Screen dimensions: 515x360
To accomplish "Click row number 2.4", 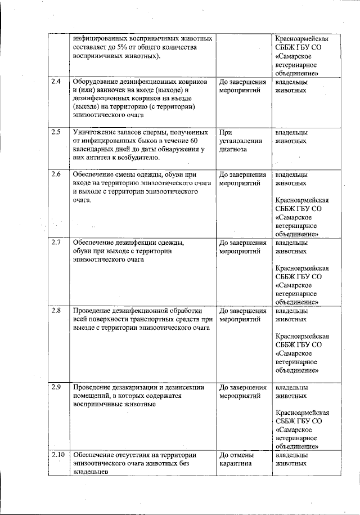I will coord(56,82).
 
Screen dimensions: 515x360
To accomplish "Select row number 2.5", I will coord(56,133).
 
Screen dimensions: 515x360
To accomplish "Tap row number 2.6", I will coord(56,174).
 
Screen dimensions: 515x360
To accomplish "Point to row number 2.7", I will coord(56,243).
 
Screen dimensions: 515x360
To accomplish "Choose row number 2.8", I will coord(56,311).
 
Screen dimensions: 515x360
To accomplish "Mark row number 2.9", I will coord(56,387).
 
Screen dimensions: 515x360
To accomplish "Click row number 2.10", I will coord(58,455).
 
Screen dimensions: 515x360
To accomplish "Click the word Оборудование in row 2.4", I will coord(97,82).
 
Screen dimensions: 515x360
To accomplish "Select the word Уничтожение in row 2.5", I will coord(96,133).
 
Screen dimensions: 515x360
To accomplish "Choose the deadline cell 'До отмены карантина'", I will coord(236,459).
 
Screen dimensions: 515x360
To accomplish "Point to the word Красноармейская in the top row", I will coord(302,39).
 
